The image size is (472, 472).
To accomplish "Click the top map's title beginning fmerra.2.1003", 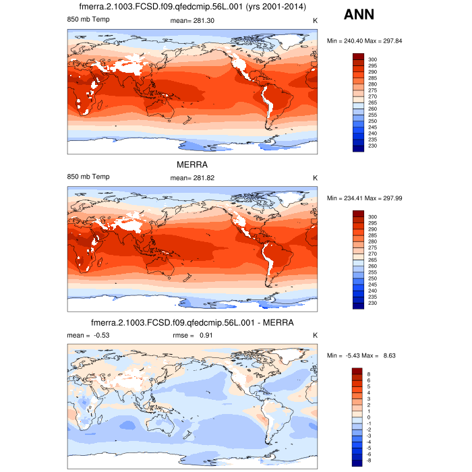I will pos(192,7).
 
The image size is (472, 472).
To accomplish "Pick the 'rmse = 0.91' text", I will pos(193,335).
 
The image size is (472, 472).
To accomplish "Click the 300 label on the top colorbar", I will pos(372,59).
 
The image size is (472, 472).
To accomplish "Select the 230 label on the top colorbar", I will pos(372,146).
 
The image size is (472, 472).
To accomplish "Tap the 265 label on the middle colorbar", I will pos(372,260).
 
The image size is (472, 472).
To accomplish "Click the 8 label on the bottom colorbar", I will pos(370,374).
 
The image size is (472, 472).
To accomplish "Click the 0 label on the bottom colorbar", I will pos(370,417).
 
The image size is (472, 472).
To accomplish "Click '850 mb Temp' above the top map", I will pos(88,21).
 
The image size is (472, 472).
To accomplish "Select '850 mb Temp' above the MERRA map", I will pos(88,177).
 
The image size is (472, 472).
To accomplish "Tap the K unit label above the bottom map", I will pos(315,335).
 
